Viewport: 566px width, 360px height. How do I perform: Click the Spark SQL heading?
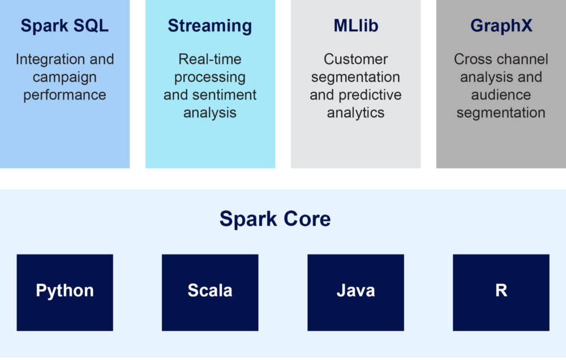tap(65, 25)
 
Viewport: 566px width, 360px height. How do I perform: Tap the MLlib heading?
tap(355, 25)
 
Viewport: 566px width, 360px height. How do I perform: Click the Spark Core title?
tap(275, 219)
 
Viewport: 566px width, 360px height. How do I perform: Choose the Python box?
tap(65, 293)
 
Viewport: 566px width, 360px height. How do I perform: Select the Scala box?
tap(210, 293)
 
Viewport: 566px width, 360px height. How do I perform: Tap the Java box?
tap(355, 293)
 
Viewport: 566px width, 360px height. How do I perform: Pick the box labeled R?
tap(501, 293)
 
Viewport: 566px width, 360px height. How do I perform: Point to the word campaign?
tap(65, 78)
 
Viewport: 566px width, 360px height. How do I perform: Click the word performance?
tap(65, 95)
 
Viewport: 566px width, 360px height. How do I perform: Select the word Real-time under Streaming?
tap(210, 59)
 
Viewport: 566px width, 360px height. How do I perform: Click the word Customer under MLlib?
tap(355, 59)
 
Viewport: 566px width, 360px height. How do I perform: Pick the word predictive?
tap(370, 95)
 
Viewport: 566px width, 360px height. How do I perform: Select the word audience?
tap(501, 95)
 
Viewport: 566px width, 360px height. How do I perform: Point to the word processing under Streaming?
tap(210, 78)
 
